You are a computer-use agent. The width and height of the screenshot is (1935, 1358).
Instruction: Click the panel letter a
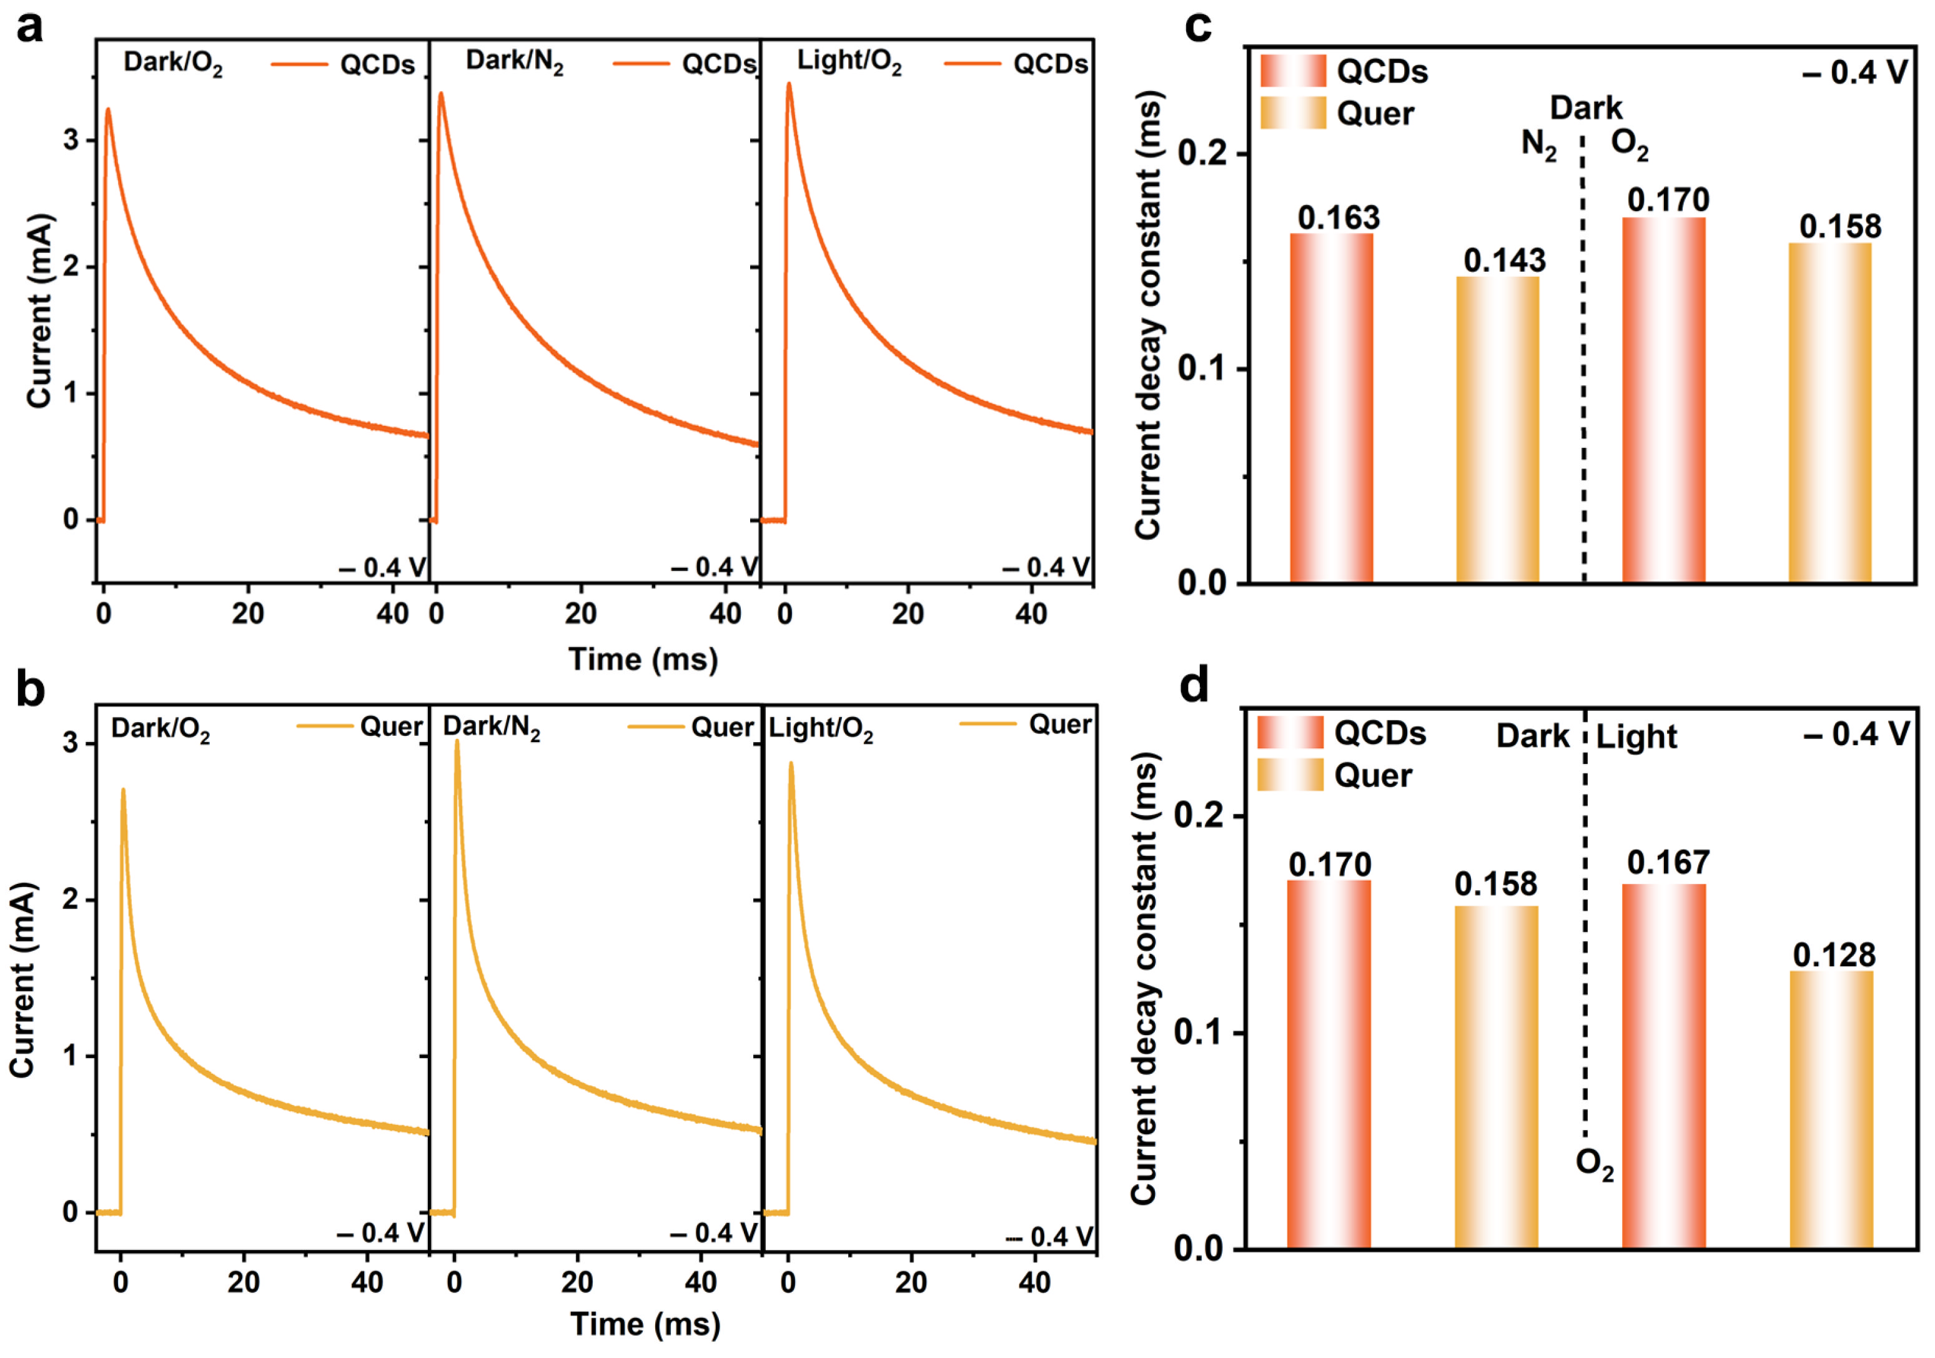click(x=31, y=28)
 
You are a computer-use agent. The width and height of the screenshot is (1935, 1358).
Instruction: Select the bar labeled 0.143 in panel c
click(x=1498, y=429)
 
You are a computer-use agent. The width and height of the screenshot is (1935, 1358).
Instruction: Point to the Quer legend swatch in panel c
click(x=1293, y=113)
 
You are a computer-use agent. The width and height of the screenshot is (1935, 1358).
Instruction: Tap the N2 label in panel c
click(x=1538, y=145)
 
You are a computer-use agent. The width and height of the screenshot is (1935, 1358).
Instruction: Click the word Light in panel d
click(x=1636, y=736)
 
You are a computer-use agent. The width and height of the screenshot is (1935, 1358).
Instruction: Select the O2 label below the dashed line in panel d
click(x=1594, y=1164)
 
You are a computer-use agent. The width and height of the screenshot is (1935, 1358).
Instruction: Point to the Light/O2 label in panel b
click(x=820, y=728)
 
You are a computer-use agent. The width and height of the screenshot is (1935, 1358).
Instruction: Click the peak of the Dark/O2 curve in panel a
click(x=108, y=109)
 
